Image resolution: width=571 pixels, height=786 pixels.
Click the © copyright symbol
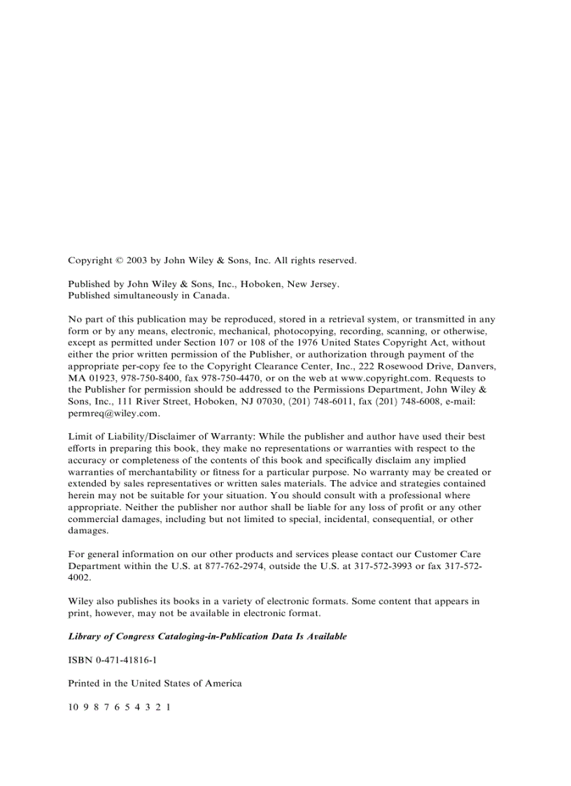pos(119,260)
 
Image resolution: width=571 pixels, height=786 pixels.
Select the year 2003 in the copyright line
pos(137,260)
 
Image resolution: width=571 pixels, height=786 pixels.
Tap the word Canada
pos(212,295)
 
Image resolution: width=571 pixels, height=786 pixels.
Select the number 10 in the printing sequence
pos(73,708)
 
